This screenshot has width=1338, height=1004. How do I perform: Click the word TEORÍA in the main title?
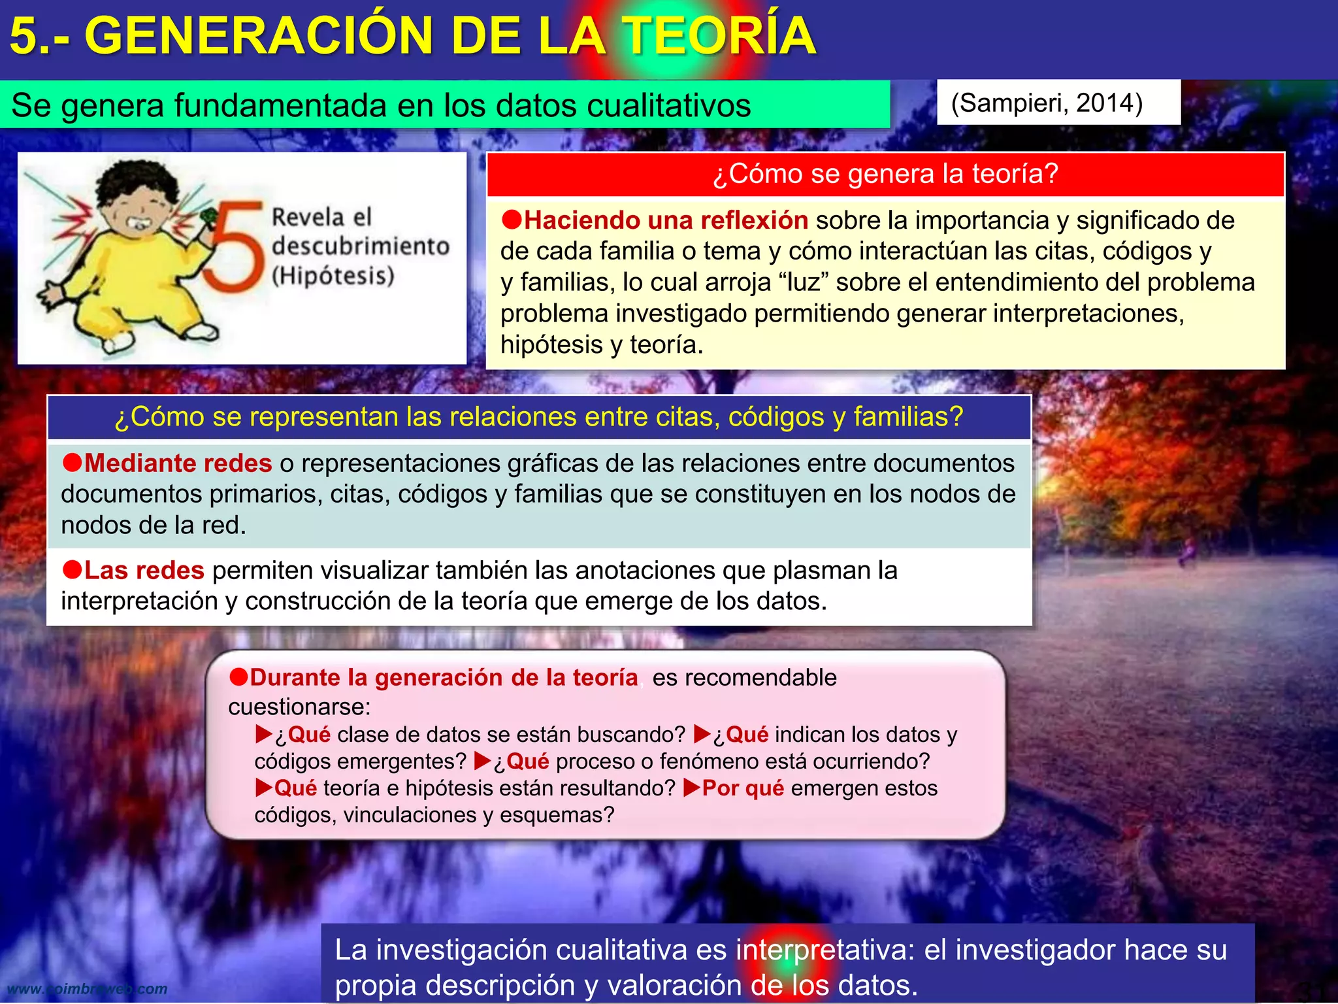pyautogui.click(x=719, y=35)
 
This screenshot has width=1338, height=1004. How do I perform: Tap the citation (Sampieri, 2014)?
pyautogui.click(x=1047, y=103)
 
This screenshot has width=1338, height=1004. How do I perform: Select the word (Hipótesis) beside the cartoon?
pyautogui.click(x=333, y=275)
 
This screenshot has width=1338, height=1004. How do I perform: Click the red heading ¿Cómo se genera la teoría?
pyautogui.click(x=885, y=174)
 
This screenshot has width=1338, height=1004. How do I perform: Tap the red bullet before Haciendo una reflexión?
pyautogui.click(x=512, y=220)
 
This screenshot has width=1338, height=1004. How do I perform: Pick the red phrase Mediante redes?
pyautogui.click(x=178, y=463)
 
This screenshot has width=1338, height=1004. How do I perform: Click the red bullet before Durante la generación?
pyautogui.click(x=238, y=677)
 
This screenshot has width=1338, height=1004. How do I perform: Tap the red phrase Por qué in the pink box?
pyautogui.click(x=743, y=788)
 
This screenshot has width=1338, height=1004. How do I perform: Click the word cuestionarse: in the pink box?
pyautogui.click(x=299, y=707)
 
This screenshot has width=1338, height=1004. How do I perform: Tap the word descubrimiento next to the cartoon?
pyautogui.click(x=361, y=246)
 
